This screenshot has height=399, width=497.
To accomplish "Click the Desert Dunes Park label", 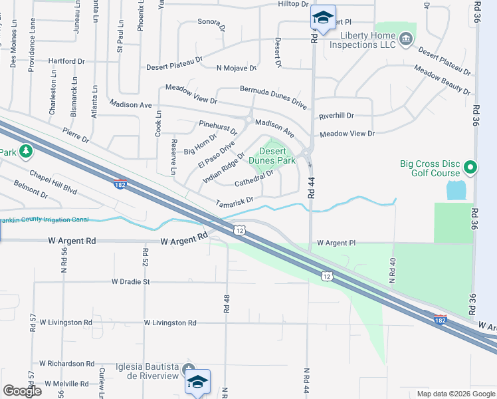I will click(272, 156).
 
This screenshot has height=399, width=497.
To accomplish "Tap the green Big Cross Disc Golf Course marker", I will click(470, 167).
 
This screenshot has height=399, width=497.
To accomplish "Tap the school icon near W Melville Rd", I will click(197, 382).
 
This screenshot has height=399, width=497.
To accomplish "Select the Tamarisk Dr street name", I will click(235, 200).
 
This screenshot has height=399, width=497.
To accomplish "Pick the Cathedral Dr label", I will click(254, 178).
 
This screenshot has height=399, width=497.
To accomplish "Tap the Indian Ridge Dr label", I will click(224, 167).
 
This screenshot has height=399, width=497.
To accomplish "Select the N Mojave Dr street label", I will click(236, 68).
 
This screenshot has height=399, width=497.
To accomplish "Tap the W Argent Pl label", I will click(336, 243).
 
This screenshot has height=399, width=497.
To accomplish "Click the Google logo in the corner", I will click(22, 390).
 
